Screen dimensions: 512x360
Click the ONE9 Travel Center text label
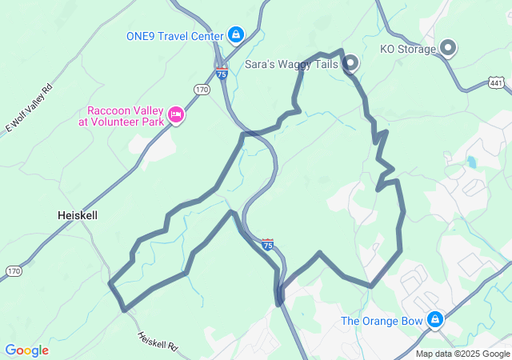click(174, 35)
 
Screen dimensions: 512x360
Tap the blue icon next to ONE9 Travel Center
click(235, 34)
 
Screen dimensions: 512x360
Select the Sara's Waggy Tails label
click(291, 64)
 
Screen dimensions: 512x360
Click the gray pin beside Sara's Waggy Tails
click(350, 63)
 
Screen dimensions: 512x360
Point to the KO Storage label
click(408, 49)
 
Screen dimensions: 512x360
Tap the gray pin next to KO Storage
click(449, 48)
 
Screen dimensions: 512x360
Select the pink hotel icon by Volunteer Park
click(177, 117)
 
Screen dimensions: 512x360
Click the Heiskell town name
click(78, 215)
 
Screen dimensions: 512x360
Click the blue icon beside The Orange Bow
click(434, 320)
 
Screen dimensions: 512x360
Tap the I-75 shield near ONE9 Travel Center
click(222, 74)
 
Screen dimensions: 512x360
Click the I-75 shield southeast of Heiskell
click(267, 244)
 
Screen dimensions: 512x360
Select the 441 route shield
click(496, 82)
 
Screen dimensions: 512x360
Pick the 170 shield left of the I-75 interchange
click(202, 90)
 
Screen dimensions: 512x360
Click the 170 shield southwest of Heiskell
click(14, 272)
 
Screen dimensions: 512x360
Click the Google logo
click(26, 350)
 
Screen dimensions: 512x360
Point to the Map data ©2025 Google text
click(463, 354)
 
